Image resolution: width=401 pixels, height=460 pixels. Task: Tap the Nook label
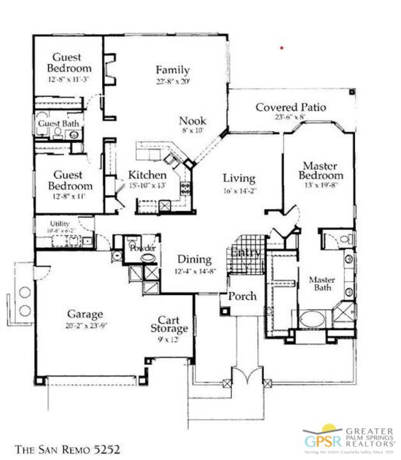point(192,120)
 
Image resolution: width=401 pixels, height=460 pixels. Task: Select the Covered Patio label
point(291,107)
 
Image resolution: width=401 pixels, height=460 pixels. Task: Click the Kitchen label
point(148,175)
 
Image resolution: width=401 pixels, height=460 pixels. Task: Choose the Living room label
point(239,178)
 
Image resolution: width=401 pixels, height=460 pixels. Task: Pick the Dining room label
point(195,259)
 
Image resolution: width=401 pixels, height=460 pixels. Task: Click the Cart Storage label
point(173,325)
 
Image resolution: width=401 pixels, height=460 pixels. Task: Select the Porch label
point(242,296)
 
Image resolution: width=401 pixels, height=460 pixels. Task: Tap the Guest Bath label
point(57,123)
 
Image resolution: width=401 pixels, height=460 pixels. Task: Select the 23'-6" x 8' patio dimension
point(291,118)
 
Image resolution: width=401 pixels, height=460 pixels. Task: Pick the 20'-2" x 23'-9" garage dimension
point(85,325)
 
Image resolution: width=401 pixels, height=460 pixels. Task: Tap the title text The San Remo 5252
point(67,449)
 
